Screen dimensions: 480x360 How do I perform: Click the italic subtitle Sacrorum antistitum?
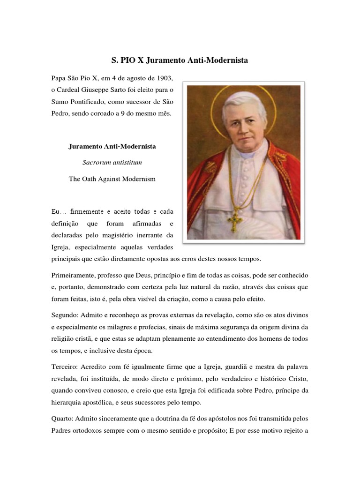(x=112, y=163)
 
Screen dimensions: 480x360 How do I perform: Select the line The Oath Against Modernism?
(x=112, y=179)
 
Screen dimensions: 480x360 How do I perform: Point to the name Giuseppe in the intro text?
(x=106, y=89)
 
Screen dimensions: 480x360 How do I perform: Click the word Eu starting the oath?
(x=55, y=212)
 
